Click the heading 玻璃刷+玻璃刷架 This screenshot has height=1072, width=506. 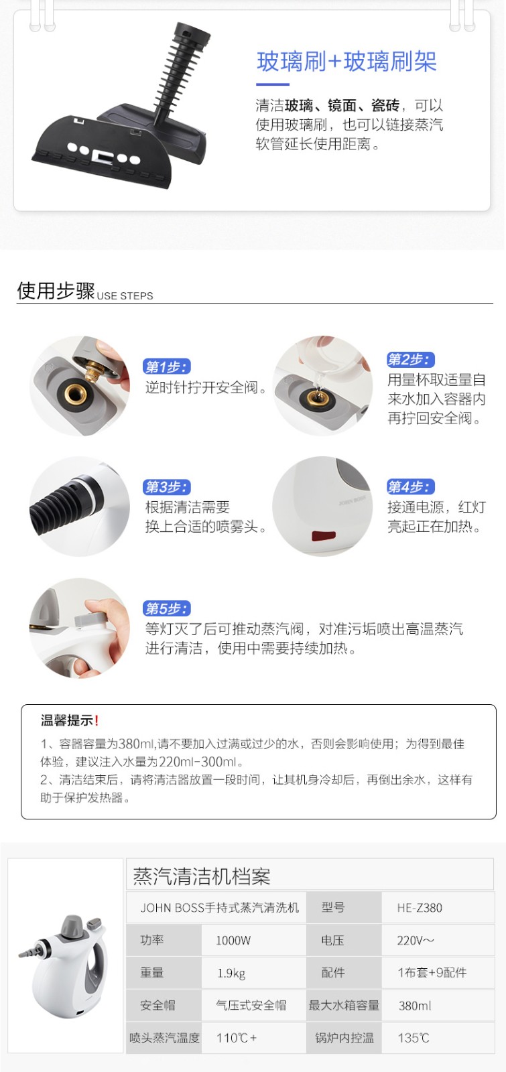point(346,62)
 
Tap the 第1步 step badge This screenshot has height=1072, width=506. point(167,367)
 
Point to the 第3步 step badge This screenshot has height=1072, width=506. point(167,487)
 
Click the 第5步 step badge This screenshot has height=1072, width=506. point(167,609)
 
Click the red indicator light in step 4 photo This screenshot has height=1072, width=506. point(324,535)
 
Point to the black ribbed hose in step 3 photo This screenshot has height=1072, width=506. point(60,500)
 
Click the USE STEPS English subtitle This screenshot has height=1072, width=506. point(125,295)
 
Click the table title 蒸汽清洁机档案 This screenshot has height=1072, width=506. point(202,876)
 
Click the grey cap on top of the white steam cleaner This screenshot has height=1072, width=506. point(73,927)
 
